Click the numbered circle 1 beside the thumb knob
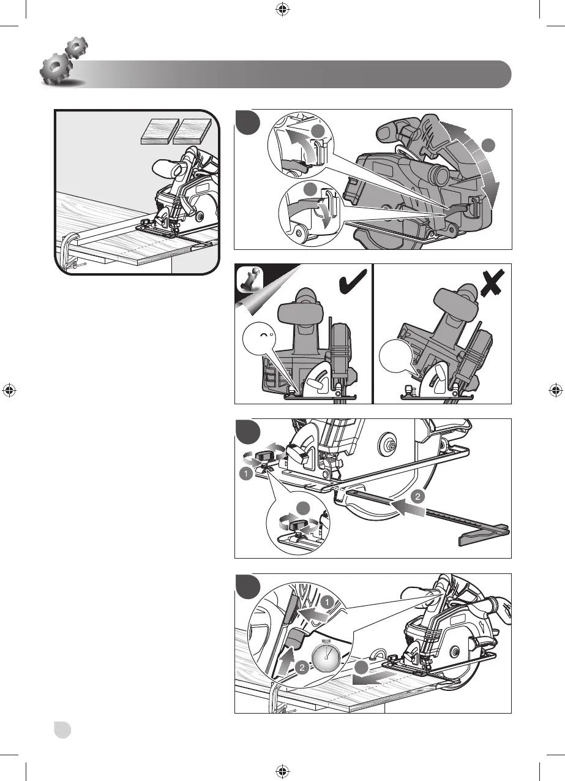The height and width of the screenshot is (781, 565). tap(245, 474)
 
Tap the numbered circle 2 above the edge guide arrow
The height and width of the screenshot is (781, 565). tap(416, 497)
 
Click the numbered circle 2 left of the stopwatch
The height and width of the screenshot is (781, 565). tap(301, 670)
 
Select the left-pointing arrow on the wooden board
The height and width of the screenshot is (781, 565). tap(370, 677)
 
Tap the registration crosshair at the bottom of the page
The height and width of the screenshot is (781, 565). tap(282, 770)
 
